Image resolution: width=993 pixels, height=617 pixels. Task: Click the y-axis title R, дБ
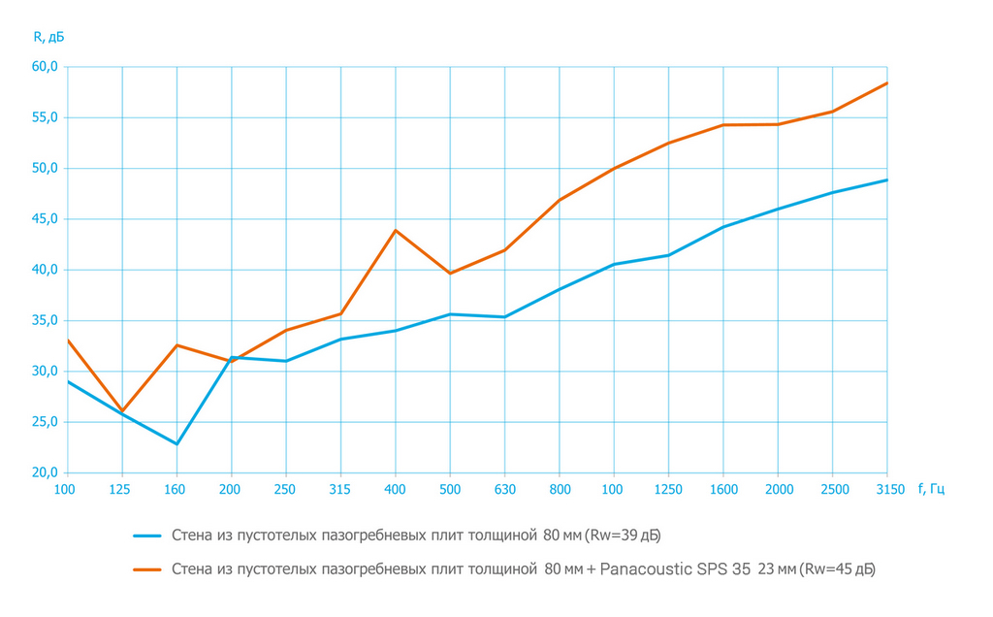[x=48, y=37]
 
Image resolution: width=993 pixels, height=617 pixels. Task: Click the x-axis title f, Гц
[x=931, y=489]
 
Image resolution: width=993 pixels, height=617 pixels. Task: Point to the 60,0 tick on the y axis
[x=46, y=67]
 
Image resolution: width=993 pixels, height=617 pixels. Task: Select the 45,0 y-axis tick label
[x=46, y=219]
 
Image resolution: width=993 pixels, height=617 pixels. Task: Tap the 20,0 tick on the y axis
[x=46, y=473]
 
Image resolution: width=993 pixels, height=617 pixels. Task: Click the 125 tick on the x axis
[x=121, y=489]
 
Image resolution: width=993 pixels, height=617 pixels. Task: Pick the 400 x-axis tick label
[x=395, y=489]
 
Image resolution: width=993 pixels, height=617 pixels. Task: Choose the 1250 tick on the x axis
[x=668, y=489]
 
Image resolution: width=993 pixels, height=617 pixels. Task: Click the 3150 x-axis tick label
[x=886, y=489]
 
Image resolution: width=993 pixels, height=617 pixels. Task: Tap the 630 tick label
[x=504, y=489]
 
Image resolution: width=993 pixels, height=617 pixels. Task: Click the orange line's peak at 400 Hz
[x=396, y=230]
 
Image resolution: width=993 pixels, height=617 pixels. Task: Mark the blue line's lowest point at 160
[x=176, y=444]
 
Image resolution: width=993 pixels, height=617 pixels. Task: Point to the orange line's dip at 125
[x=122, y=411]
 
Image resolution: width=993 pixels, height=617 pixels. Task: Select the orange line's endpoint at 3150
[x=886, y=83]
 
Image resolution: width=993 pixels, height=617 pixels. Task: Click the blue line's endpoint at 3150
[x=886, y=179]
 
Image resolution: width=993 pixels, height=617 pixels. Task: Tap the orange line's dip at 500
[x=450, y=274]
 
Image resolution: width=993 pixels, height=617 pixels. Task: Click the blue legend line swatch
[x=147, y=536]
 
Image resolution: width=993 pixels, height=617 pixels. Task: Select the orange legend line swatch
[x=147, y=569]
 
